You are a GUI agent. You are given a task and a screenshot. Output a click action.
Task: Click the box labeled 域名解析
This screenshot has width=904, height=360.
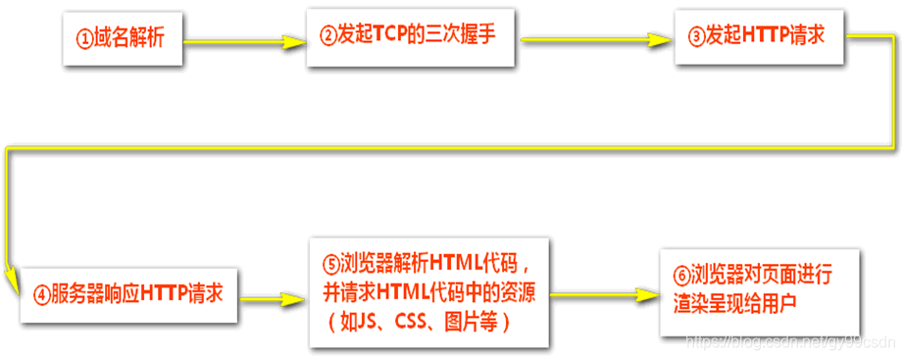tap(122, 39)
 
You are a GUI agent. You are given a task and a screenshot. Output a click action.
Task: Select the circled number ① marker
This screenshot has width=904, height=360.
tap(84, 39)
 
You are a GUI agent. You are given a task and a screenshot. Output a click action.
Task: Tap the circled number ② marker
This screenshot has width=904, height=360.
tap(328, 37)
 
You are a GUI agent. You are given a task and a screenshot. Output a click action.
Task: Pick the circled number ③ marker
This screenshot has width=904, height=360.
tap(696, 36)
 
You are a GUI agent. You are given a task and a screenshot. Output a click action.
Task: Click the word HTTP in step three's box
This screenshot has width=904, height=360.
tap(768, 36)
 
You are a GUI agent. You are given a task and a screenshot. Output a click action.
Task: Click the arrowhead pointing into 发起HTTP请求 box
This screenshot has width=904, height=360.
tap(666, 40)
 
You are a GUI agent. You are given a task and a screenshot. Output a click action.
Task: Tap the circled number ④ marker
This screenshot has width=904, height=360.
tap(40, 292)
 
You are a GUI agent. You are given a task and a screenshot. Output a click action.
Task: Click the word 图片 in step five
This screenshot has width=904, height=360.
tap(466, 321)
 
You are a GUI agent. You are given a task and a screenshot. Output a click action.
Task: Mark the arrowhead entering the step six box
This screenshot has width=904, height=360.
tap(646, 293)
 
